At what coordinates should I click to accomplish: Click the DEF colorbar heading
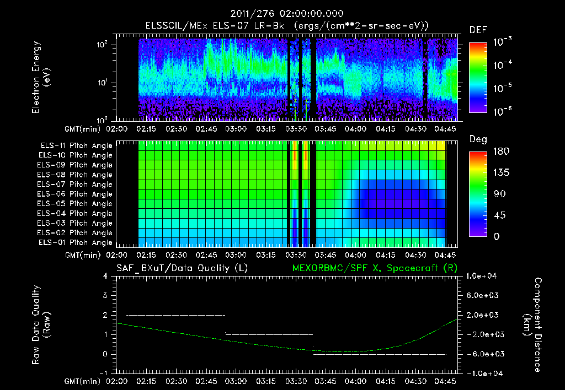tap(478, 30)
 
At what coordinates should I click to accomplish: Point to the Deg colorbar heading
tap(478, 139)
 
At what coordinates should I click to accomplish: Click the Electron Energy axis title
tap(41, 79)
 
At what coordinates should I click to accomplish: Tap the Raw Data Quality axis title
tap(41, 324)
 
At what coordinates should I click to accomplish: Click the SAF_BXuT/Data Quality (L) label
tap(182, 268)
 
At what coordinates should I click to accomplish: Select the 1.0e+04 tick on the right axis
tap(483, 276)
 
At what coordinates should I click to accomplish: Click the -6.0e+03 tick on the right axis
tap(483, 354)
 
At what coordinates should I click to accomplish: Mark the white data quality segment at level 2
tap(175, 315)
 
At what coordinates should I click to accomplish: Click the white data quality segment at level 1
tap(269, 334)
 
